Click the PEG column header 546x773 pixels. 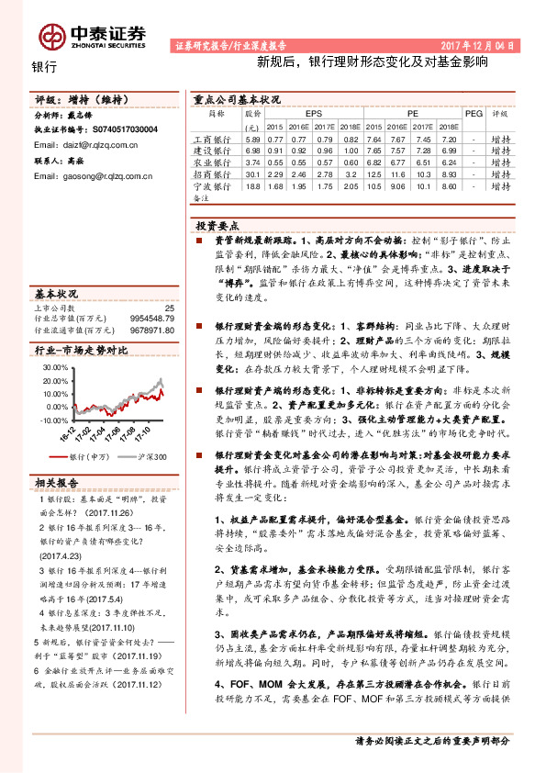474,115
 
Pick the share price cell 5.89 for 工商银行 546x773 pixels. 252,138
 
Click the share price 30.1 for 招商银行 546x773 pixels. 252,174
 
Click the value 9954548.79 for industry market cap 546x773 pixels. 148,319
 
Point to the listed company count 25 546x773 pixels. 169,308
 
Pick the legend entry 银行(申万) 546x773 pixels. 88,456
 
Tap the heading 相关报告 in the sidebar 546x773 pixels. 57,482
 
